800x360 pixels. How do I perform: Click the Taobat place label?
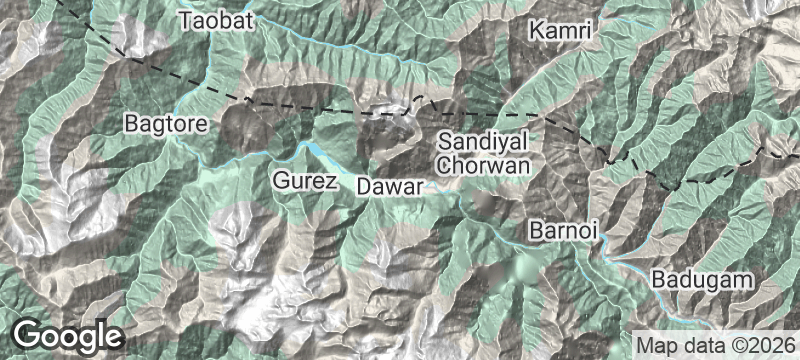[214, 20]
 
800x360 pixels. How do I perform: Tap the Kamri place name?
[561, 31]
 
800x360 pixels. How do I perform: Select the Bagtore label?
[165, 124]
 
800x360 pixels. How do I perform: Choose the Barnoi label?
[564, 231]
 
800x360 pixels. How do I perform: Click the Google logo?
[68, 335]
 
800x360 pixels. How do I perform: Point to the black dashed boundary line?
[300, 105]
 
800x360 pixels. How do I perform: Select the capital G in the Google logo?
[29, 335]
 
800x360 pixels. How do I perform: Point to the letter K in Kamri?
[538, 31]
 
